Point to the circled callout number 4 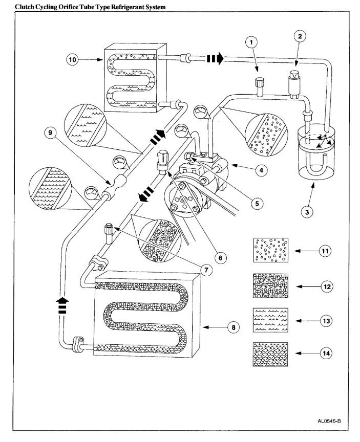tap(261, 170)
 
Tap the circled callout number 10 tap(73, 59)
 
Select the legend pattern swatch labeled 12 tap(271, 285)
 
